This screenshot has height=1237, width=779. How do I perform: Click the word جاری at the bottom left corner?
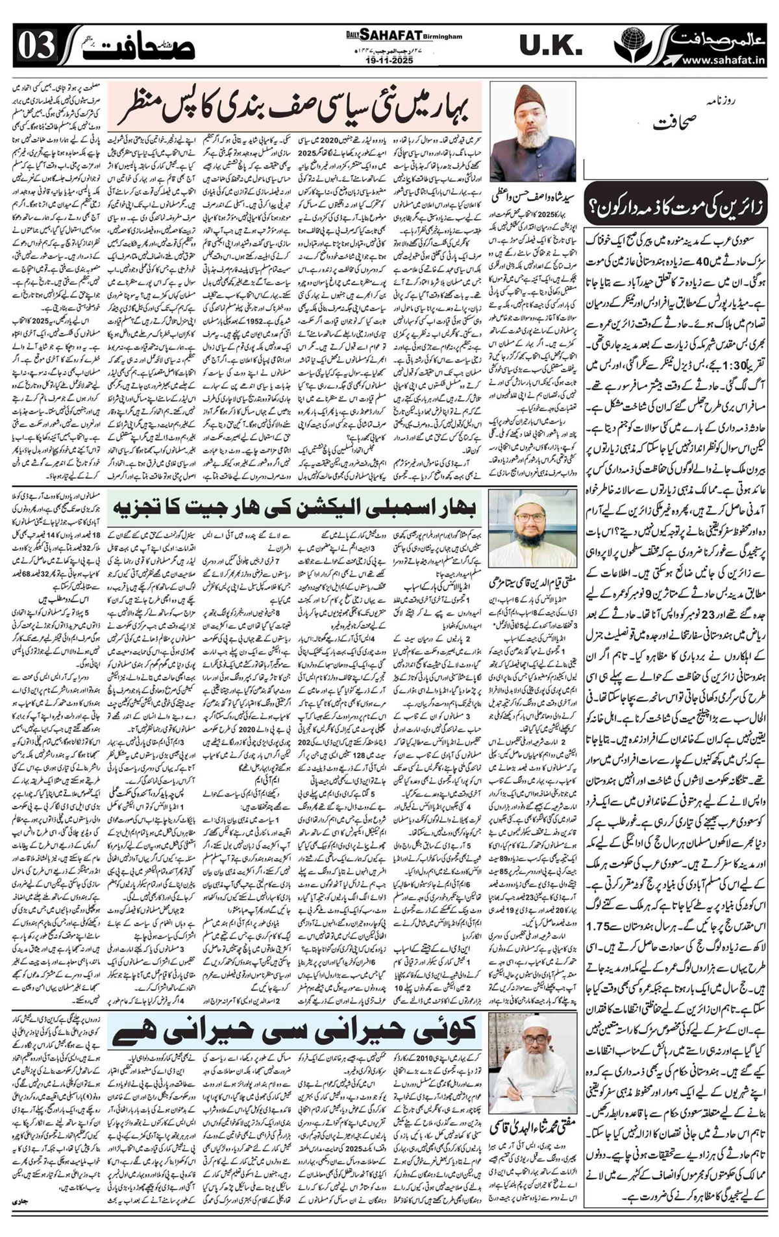[17, 1221]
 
